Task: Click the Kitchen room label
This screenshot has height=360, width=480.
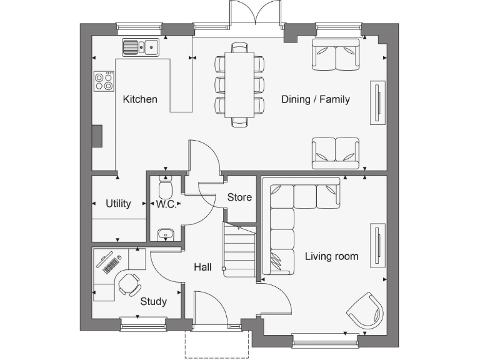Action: pyautogui.click(x=140, y=99)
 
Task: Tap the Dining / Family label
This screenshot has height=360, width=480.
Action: pyautogui.click(x=315, y=99)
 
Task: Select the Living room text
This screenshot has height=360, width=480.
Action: pyautogui.click(x=331, y=256)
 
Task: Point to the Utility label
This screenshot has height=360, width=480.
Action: pyautogui.click(x=118, y=203)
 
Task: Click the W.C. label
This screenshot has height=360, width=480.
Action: pyautogui.click(x=166, y=204)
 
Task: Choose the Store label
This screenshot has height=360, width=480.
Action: pyautogui.click(x=239, y=197)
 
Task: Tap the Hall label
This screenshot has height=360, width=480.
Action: pyautogui.click(x=202, y=267)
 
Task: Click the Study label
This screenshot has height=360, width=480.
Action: pyautogui.click(x=153, y=301)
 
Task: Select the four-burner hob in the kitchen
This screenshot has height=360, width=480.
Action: pyautogui.click(x=104, y=81)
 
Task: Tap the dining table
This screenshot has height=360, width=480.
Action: pyautogui.click(x=239, y=84)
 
